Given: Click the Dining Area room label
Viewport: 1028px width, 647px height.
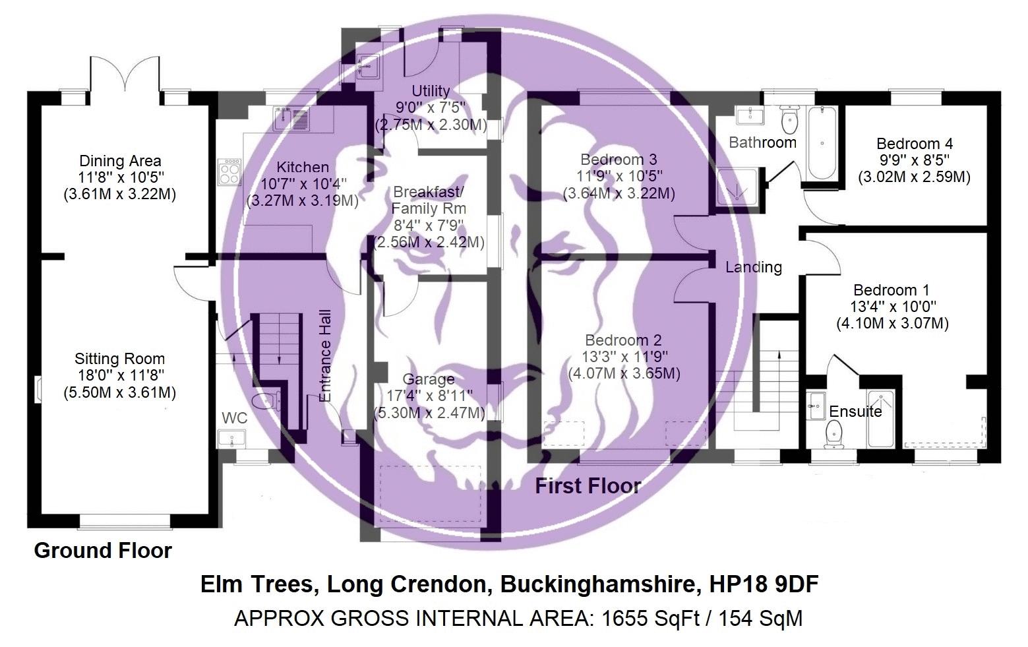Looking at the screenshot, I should (120, 161).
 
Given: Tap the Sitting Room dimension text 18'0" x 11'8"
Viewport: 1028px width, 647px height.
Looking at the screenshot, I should (119, 376).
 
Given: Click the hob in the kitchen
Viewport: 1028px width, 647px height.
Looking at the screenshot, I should (229, 172).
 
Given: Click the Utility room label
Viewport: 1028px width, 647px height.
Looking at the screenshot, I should (431, 91).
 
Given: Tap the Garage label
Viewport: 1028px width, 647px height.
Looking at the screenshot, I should (429, 379).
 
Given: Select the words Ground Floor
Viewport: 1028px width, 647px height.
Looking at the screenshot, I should (103, 551).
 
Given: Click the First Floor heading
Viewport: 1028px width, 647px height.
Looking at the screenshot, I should (588, 487).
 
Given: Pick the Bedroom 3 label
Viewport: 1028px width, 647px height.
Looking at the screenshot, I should (619, 160).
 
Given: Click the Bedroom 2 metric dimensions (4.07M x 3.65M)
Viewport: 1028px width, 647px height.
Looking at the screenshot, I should (624, 373).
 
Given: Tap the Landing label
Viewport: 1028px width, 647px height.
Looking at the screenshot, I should (753, 267).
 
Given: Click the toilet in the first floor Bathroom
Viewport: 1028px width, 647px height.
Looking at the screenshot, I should (789, 120).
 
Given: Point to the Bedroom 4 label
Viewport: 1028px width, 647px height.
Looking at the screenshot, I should (914, 144).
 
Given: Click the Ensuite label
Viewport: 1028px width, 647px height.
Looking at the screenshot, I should (855, 412).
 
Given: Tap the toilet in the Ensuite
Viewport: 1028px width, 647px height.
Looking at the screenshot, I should (833, 433).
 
